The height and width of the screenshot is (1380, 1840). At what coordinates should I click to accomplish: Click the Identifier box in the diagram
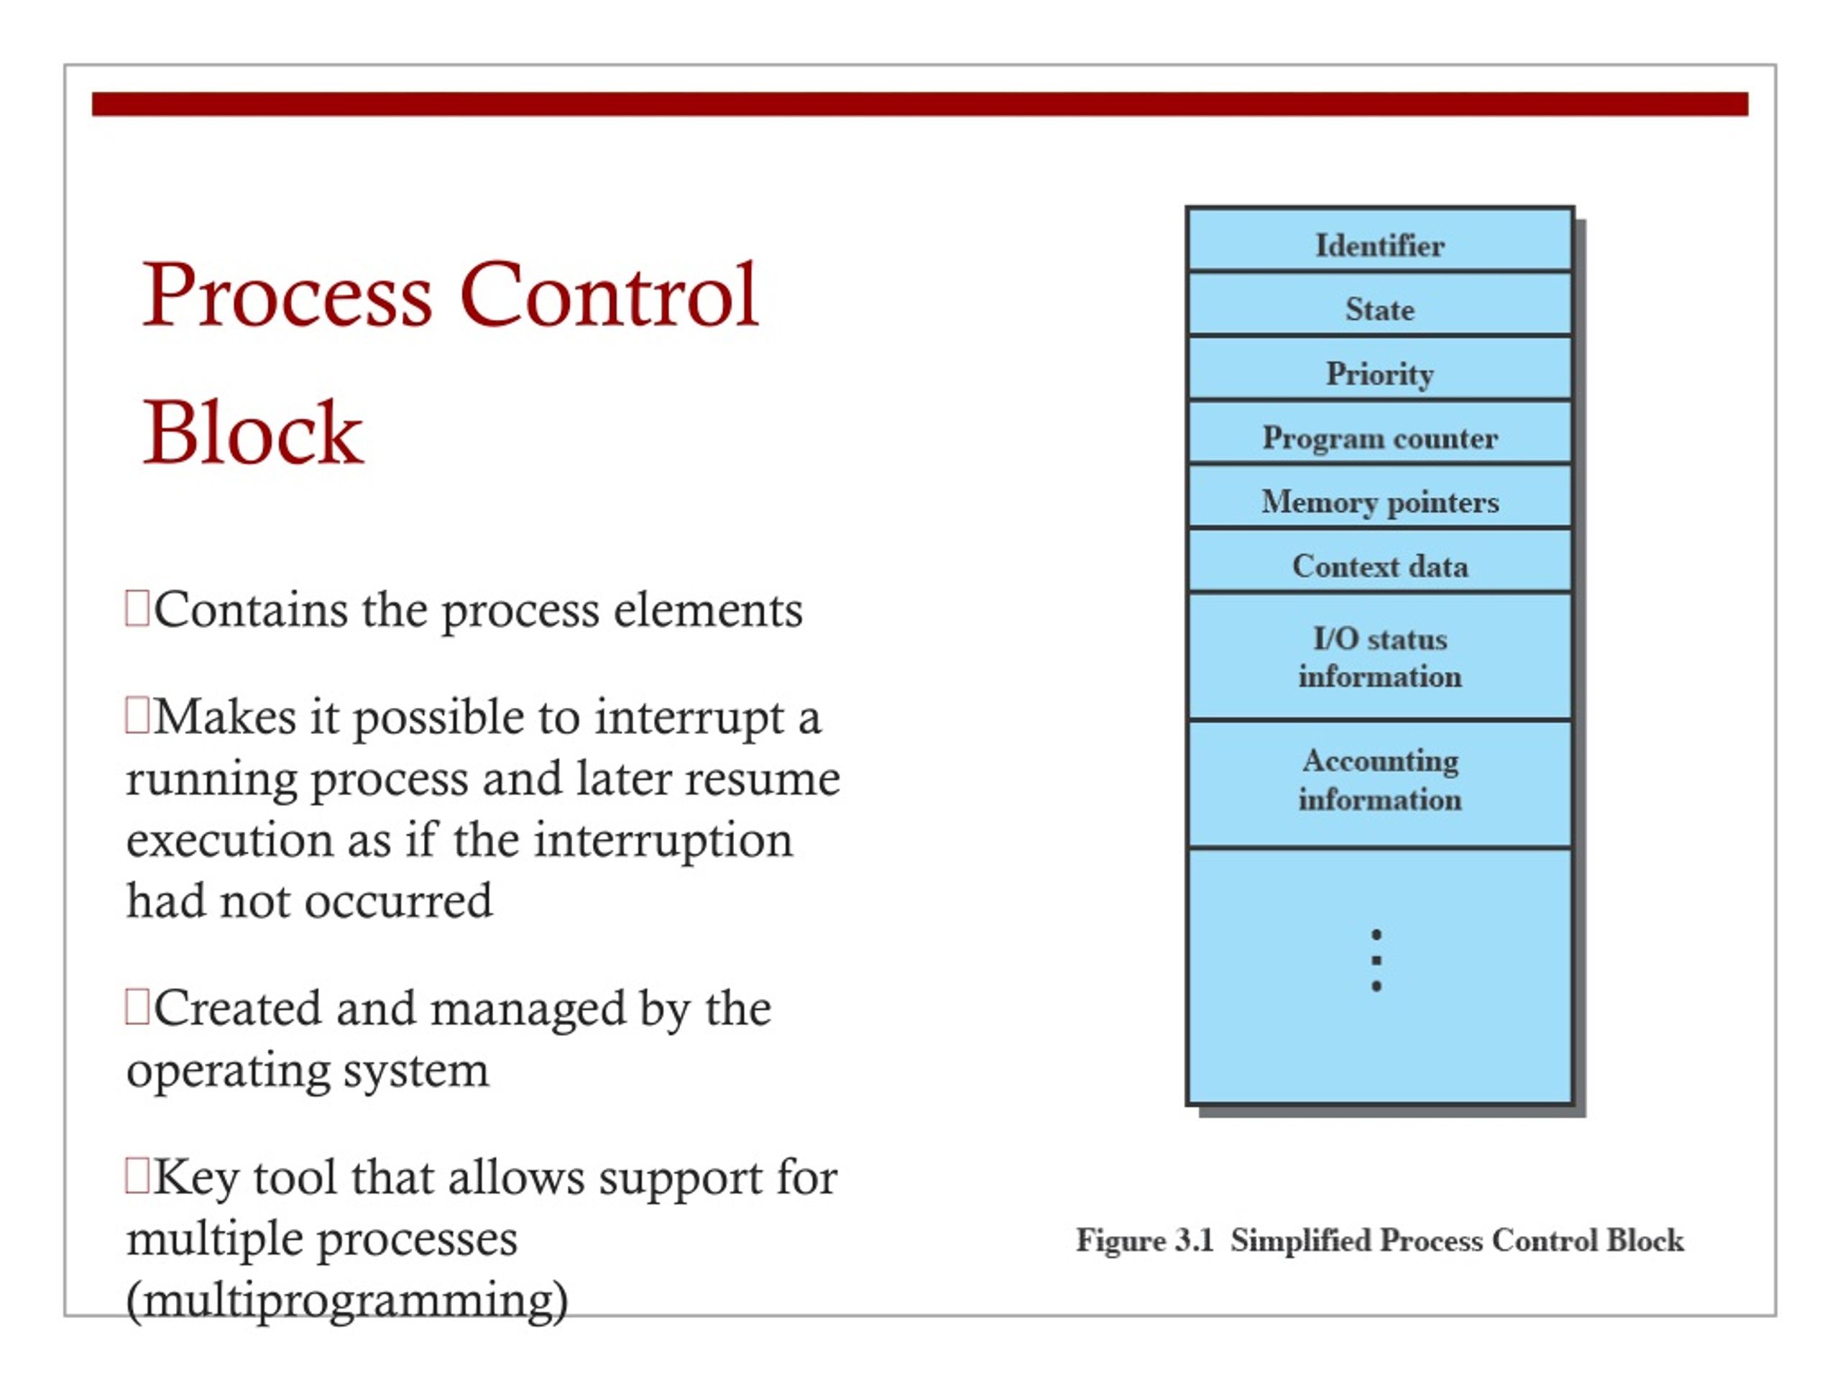pos(1379,245)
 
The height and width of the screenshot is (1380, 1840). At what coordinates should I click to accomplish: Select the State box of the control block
pos(1379,310)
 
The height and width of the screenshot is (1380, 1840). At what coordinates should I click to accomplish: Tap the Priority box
pos(1379,374)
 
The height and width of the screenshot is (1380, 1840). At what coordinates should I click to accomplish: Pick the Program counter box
pos(1379,438)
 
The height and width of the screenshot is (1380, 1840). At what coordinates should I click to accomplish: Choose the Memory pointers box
pos(1379,502)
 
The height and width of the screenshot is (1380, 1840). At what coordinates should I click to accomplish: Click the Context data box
pos(1379,566)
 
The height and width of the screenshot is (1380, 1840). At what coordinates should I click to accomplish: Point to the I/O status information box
pos(1379,657)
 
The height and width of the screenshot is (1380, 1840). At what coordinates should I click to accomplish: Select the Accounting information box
pos(1379,779)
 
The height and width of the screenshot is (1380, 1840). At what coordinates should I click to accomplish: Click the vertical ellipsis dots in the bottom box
pos(1376,960)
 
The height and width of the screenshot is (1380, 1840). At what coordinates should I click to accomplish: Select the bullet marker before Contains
pos(137,608)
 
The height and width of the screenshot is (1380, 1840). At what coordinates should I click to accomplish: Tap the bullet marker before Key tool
pos(137,1176)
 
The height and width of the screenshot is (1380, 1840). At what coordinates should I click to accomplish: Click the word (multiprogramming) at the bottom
pos(347,1300)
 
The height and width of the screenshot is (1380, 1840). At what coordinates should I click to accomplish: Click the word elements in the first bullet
pos(708,610)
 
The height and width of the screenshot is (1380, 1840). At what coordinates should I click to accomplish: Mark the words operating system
pos(307,1069)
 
